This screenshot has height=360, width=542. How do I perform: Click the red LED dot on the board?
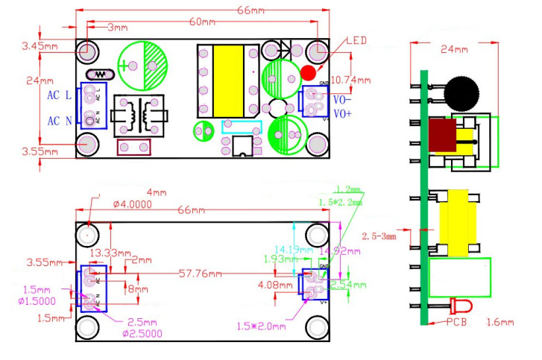click(308, 72)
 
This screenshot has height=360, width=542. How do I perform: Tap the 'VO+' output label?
click(343, 113)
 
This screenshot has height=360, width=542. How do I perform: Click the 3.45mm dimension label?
click(41, 46)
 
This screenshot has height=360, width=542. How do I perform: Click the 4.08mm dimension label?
click(274, 285)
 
